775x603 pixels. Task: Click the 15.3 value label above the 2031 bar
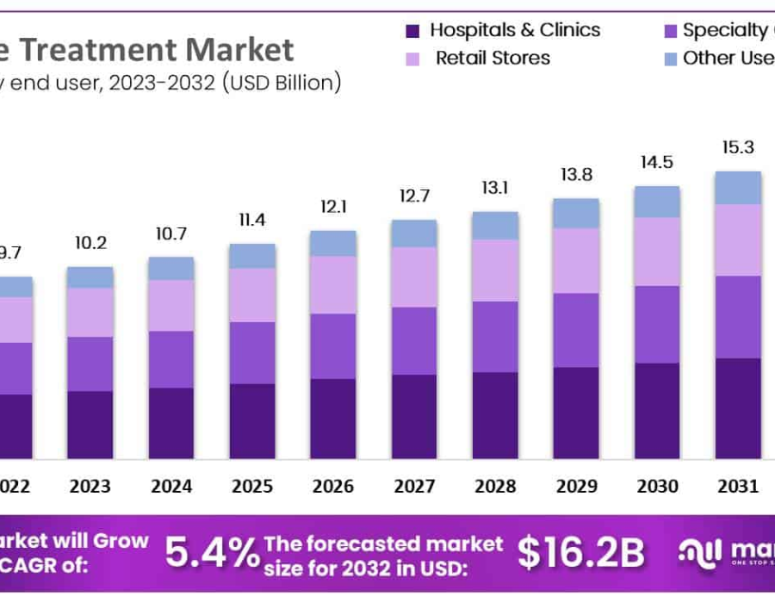(x=737, y=148)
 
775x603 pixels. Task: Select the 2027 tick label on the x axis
(x=414, y=487)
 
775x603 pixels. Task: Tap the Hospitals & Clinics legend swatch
(x=412, y=31)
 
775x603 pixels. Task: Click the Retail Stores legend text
(x=493, y=59)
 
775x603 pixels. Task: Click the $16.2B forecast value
(x=580, y=553)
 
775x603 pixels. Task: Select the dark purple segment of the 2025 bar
(x=252, y=420)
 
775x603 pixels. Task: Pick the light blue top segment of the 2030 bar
(x=657, y=202)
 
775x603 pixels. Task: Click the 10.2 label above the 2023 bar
(x=90, y=244)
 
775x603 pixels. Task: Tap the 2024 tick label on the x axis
(x=171, y=487)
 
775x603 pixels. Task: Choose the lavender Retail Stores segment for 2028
(x=495, y=270)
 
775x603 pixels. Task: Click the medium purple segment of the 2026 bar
(x=333, y=346)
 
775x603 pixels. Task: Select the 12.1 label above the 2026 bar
(x=332, y=208)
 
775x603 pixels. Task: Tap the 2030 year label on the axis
(x=657, y=487)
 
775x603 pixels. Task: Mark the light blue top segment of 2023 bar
(x=90, y=277)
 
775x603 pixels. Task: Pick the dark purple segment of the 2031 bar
(x=738, y=407)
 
